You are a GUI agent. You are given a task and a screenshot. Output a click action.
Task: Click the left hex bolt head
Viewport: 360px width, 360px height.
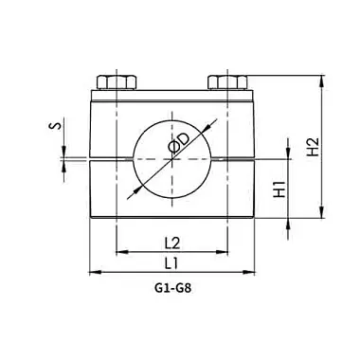[x=117, y=82]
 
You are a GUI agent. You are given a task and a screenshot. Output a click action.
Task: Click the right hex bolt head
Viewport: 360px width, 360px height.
[x=227, y=82]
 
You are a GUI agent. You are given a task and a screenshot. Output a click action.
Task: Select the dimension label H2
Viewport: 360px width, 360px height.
[x=314, y=147]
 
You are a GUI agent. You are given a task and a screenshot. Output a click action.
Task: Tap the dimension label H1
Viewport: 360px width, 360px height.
[x=279, y=189]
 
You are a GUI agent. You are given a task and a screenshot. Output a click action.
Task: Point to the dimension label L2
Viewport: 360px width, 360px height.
[x=172, y=243]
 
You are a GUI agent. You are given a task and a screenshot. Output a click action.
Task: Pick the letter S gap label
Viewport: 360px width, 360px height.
[x=56, y=126]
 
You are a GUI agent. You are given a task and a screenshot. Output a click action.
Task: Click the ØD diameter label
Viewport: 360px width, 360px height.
[x=179, y=143]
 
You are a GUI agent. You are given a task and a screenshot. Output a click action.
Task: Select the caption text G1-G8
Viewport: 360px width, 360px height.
[x=173, y=288]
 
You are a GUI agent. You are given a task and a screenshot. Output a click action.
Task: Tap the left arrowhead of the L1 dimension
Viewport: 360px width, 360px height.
[x=95, y=272]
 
